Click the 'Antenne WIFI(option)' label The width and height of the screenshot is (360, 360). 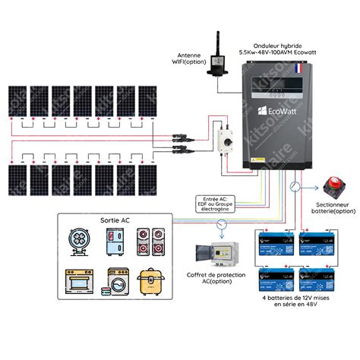pos(191,58)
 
